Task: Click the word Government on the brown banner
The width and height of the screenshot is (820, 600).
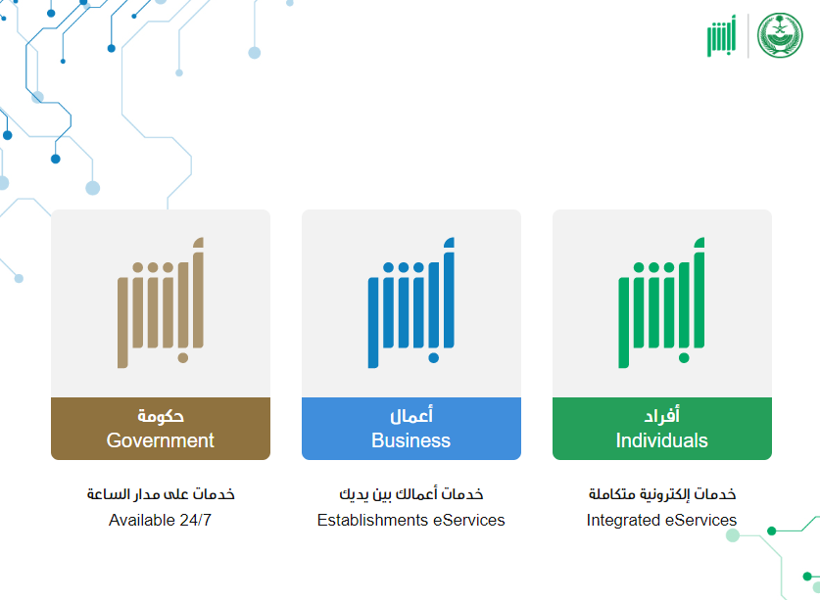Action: [x=160, y=440]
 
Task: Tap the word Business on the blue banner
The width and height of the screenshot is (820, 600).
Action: [x=411, y=440]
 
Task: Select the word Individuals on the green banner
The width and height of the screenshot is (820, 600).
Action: [x=661, y=440]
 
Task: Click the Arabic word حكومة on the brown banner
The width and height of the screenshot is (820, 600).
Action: [x=161, y=416]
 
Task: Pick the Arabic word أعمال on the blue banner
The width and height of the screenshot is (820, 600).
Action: [x=411, y=416]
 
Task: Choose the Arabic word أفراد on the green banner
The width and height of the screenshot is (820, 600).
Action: [x=661, y=416]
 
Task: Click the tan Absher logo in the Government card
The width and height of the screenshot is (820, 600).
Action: [x=161, y=303]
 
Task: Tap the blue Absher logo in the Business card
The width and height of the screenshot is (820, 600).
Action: [x=411, y=303]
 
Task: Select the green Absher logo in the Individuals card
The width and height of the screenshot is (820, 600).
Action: [x=661, y=303]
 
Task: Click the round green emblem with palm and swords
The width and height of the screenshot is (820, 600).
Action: [x=780, y=35]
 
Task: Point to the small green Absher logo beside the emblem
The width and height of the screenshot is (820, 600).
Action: [x=721, y=35]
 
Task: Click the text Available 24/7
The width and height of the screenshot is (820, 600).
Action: [x=160, y=520]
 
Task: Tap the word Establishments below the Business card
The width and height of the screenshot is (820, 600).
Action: [x=373, y=520]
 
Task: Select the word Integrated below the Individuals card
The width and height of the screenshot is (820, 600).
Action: [x=623, y=521]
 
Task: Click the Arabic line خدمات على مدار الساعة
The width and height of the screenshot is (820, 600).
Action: [x=161, y=494]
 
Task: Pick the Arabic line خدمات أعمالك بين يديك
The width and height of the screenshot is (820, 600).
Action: [x=411, y=494]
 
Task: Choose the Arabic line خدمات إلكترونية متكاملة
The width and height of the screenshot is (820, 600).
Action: [x=662, y=494]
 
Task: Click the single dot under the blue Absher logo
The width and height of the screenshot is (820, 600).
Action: [x=434, y=358]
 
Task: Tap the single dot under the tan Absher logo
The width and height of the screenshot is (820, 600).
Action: [x=183, y=358]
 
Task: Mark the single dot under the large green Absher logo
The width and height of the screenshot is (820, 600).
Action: [x=684, y=358]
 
